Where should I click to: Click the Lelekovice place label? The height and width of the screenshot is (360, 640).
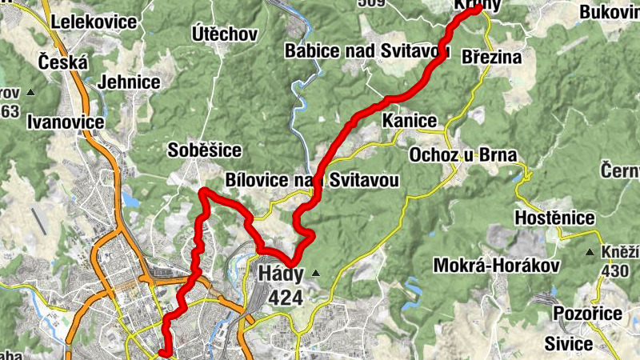point(94,22)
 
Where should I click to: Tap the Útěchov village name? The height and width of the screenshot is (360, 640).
point(225,34)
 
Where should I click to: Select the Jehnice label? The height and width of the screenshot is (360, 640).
point(124,82)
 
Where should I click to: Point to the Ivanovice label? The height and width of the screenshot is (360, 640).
point(66,122)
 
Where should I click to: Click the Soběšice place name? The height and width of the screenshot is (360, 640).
point(205,150)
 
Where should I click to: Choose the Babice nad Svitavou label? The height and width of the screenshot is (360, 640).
point(366,52)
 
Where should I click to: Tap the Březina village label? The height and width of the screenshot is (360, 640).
point(492,58)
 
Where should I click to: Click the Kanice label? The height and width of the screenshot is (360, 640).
point(410,121)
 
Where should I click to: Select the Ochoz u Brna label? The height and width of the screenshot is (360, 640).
point(463,154)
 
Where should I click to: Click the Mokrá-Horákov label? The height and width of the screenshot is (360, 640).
point(494,265)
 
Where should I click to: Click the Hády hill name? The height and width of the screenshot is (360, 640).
point(281,274)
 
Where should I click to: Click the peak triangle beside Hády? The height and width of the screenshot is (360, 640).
point(315,274)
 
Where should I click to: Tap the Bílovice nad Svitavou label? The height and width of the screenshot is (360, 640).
point(312,181)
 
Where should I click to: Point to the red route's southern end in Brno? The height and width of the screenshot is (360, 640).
point(162,351)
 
